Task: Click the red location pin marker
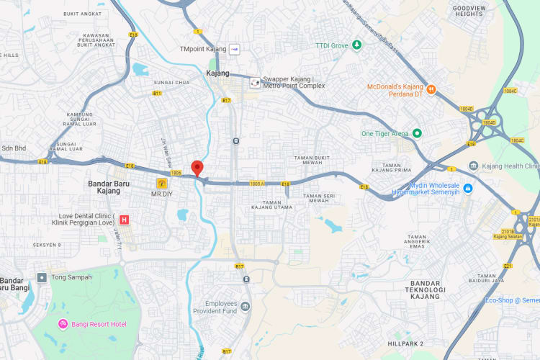click(x=197, y=168)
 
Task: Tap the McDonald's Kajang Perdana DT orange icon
click(x=431, y=90)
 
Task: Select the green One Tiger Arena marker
click(x=416, y=133)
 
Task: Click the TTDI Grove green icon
click(x=357, y=45)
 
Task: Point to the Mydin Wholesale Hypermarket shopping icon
click(x=468, y=189)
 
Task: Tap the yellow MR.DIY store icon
click(x=162, y=184)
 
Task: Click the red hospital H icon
click(x=125, y=220)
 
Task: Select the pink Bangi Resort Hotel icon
click(x=63, y=324)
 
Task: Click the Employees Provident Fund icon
click(x=246, y=307)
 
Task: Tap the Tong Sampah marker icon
click(x=42, y=277)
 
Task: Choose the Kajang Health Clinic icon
click(x=473, y=166)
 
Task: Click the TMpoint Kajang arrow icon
click(x=234, y=49)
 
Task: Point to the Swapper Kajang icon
click(x=255, y=82)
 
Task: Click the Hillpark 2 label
click(x=405, y=343)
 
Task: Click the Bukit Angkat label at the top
click(x=81, y=14)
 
